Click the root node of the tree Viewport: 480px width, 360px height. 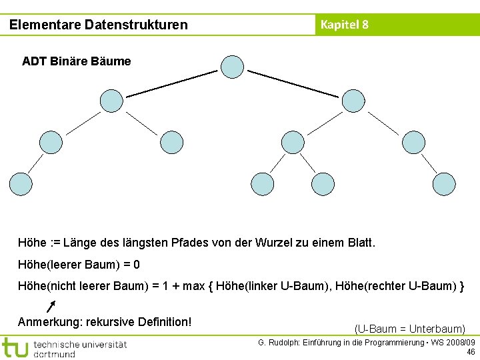pyautogui.click(x=232, y=66)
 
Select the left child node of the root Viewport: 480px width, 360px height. pyautogui.click(x=111, y=101)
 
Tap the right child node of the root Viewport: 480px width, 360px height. pyautogui.click(x=353, y=101)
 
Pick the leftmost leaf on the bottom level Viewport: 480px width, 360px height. pyautogui.click(x=20, y=183)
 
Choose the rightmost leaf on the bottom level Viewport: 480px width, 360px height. pyautogui.click(x=444, y=183)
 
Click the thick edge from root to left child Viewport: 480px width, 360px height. pyautogui.click(x=172, y=83)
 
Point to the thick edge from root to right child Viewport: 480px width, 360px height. pyautogui.click(x=293, y=83)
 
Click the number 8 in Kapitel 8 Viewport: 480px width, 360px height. pyautogui.click(x=365, y=25)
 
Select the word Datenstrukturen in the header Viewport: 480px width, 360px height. pyautogui.click(x=136, y=25)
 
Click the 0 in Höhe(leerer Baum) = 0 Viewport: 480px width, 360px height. pyautogui.click(x=137, y=265)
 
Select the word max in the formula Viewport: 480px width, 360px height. pyautogui.click(x=194, y=287)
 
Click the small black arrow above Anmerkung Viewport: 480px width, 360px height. pyautogui.click(x=51, y=305)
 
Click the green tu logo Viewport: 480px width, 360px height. pyautogui.click(x=15, y=347)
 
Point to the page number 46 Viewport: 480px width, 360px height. pyautogui.click(x=471, y=352)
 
